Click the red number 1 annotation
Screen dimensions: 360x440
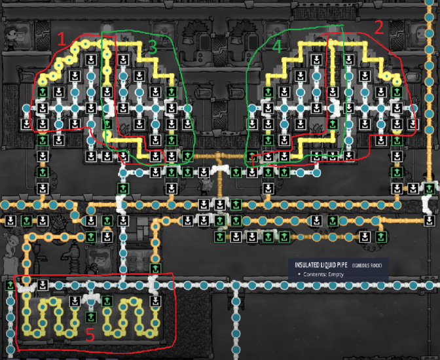pos(61,39)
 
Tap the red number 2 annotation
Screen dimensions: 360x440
pos(378,27)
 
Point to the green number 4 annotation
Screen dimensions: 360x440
pos(276,46)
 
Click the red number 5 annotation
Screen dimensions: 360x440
pos(90,335)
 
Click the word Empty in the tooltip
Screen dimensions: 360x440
pos(337,274)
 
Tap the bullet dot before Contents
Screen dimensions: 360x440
pos(299,274)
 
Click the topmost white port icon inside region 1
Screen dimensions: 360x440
pos(91,60)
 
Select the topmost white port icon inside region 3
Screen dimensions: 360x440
pos(122,60)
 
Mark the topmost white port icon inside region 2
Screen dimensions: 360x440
pos(348,60)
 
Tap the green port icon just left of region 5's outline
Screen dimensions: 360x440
pos(9,286)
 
